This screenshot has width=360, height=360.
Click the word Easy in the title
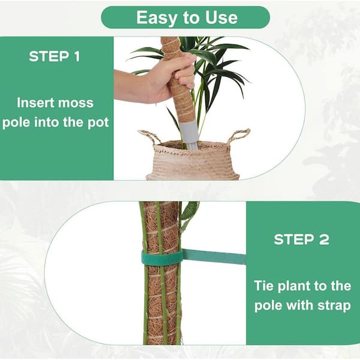[x=157, y=18]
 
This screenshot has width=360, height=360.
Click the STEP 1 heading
[x=55, y=56]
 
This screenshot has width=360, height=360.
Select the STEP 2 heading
[x=301, y=239]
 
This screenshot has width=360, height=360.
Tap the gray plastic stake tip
[x=190, y=136]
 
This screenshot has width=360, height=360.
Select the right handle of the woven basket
[x=239, y=136]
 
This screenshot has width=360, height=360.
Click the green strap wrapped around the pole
[x=163, y=258]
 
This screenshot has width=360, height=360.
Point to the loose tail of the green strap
[x=214, y=257]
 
